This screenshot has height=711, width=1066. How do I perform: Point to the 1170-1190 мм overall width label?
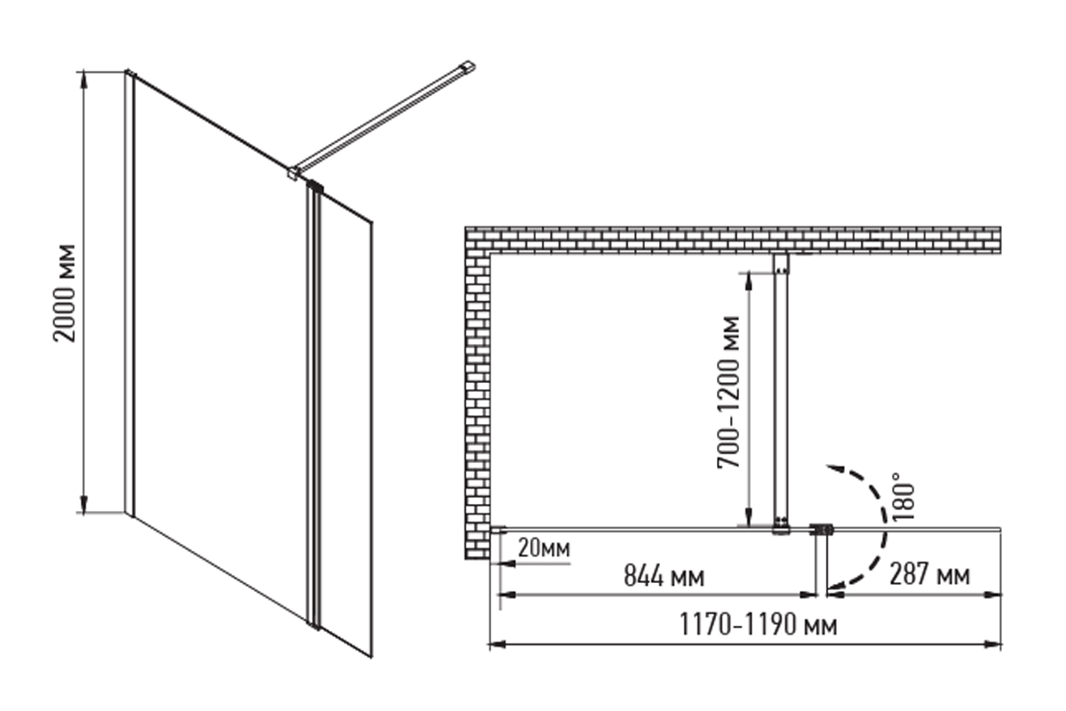[x=758, y=625]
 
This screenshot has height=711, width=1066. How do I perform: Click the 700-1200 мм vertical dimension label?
[x=728, y=391]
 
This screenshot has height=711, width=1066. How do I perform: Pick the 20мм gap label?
[x=544, y=548]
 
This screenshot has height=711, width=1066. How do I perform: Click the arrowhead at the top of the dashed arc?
[x=831, y=467]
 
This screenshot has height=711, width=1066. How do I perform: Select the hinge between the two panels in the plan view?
[x=823, y=530]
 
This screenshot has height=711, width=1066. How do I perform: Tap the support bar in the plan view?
[x=781, y=391]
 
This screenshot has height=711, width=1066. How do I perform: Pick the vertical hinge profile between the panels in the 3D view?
[x=313, y=400]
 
